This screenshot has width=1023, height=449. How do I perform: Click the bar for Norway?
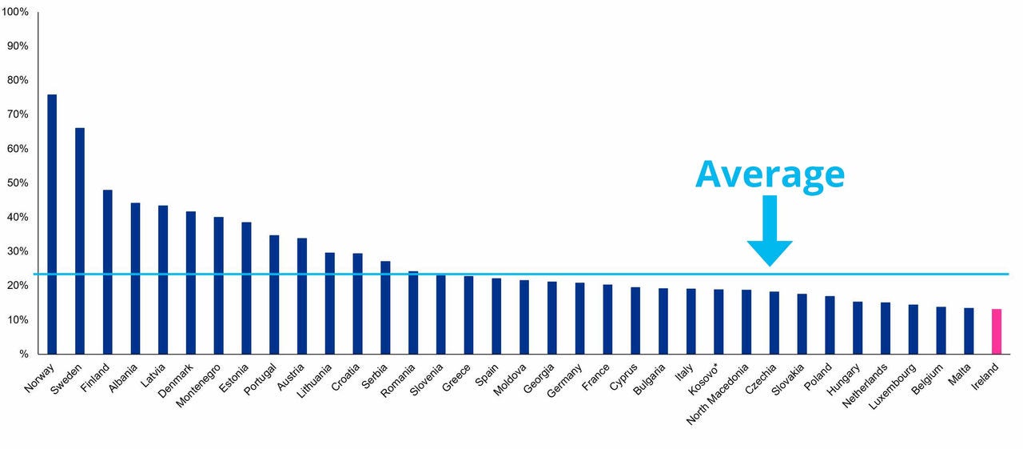52,224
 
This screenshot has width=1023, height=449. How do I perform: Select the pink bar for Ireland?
997,331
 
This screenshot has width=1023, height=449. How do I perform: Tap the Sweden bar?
80,241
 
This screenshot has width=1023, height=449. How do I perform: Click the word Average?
769,174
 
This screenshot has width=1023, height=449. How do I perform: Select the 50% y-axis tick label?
18,183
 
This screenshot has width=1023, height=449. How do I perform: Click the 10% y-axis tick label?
18,320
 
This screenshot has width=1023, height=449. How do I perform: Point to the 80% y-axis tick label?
18,80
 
